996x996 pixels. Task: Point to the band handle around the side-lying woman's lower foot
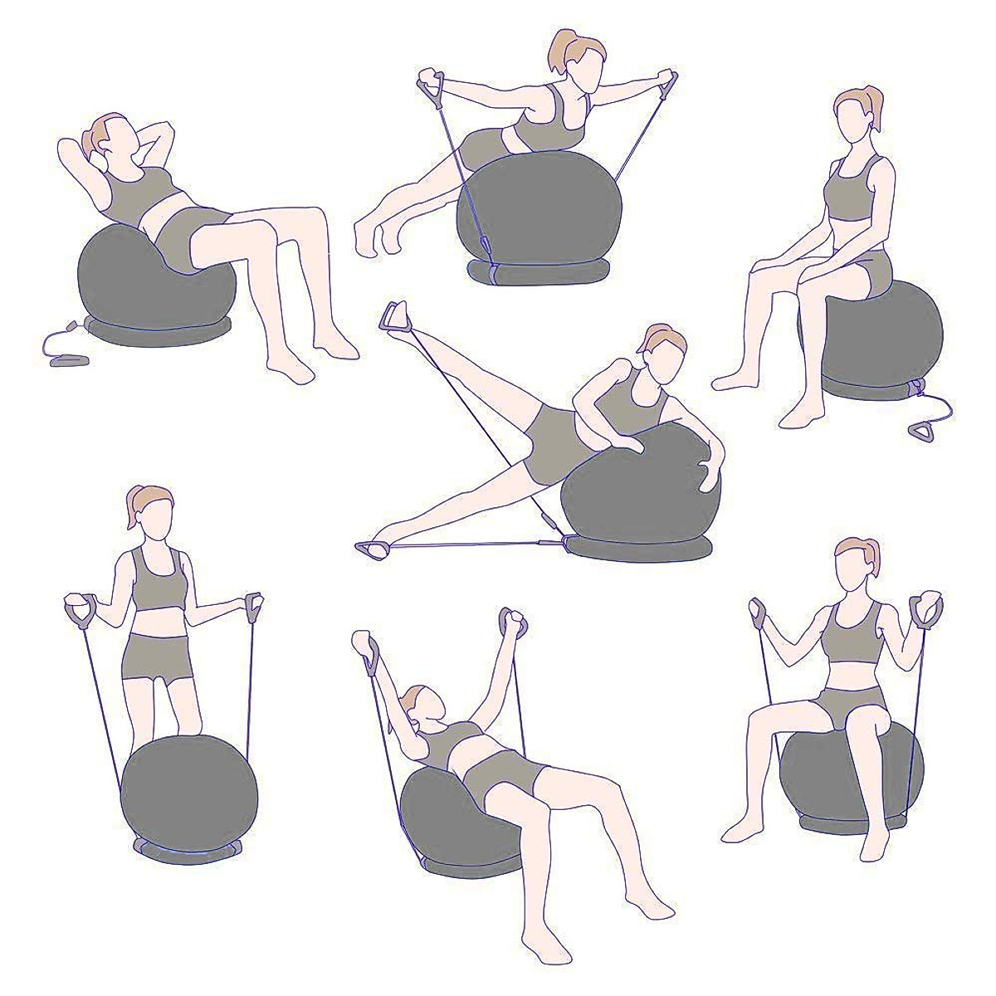click(x=368, y=547)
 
